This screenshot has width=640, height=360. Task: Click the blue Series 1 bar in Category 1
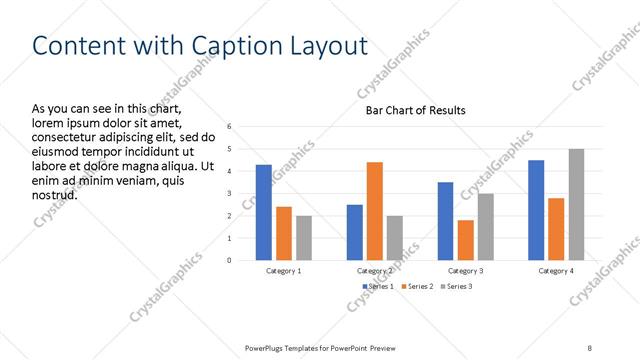pyautogui.click(x=264, y=212)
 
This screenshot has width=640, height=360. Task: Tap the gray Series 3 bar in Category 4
pyautogui.click(x=576, y=205)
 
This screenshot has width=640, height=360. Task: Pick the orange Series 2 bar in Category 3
pyautogui.click(x=466, y=240)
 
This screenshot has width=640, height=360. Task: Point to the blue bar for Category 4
pyautogui.click(x=536, y=210)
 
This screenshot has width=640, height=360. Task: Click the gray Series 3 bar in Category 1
pyautogui.click(x=304, y=238)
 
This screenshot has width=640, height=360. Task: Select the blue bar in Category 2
pyautogui.click(x=355, y=232)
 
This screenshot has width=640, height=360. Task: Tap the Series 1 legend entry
pyautogui.click(x=377, y=287)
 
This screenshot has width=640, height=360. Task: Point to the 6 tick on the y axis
pyautogui.click(x=229, y=127)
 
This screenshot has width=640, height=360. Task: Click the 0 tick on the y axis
pyautogui.click(x=229, y=260)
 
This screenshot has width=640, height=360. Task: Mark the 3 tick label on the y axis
pyautogui.click(x=229, y=194)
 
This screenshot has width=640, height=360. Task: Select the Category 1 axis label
pyautogui.click(x=284, y=271)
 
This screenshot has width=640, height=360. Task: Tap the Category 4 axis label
pyautogui.click(x=556, y=271)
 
